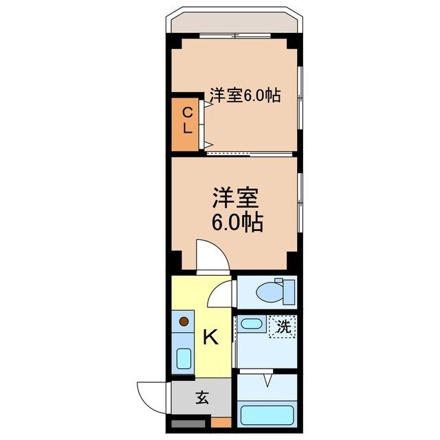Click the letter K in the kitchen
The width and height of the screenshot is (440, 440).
[210, 337]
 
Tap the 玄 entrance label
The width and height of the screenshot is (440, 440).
[202, 397]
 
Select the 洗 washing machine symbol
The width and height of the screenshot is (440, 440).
[283, 328]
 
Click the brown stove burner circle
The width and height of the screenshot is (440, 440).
[184, 320]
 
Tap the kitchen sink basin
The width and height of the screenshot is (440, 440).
[184, 358]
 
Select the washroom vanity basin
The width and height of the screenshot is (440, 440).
[251, 325]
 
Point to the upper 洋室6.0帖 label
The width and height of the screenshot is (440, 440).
[245, 96]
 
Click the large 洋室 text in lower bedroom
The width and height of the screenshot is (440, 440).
[234, 198]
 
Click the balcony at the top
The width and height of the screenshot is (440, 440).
[234, 22]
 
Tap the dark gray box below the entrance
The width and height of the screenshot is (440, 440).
[188, 423]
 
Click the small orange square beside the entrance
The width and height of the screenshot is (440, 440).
[220, 422]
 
